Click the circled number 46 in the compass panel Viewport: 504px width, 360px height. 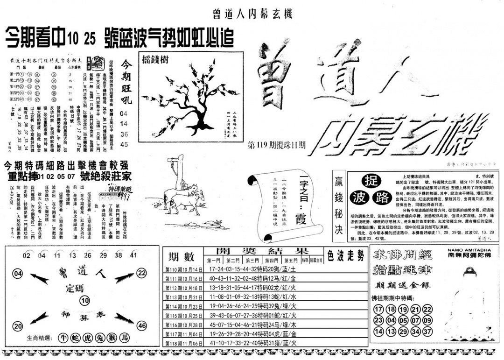pos(142,326)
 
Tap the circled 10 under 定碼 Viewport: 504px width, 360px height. pos(84,301)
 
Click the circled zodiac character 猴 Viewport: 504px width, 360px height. pos(112,338)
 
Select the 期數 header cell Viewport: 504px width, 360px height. pos(182,256)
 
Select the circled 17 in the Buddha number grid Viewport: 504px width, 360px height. pos(378,309)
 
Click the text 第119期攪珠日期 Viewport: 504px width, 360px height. pos(278,145)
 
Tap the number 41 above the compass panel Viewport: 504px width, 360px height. pos(134,255)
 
